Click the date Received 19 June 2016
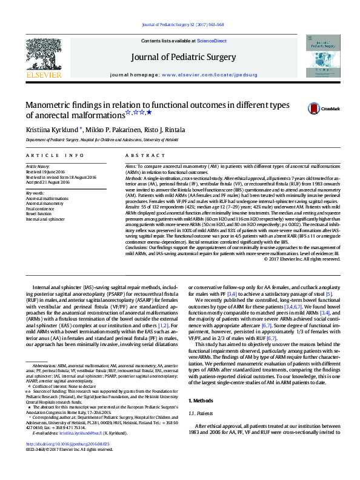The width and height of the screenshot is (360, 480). (45, 171)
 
